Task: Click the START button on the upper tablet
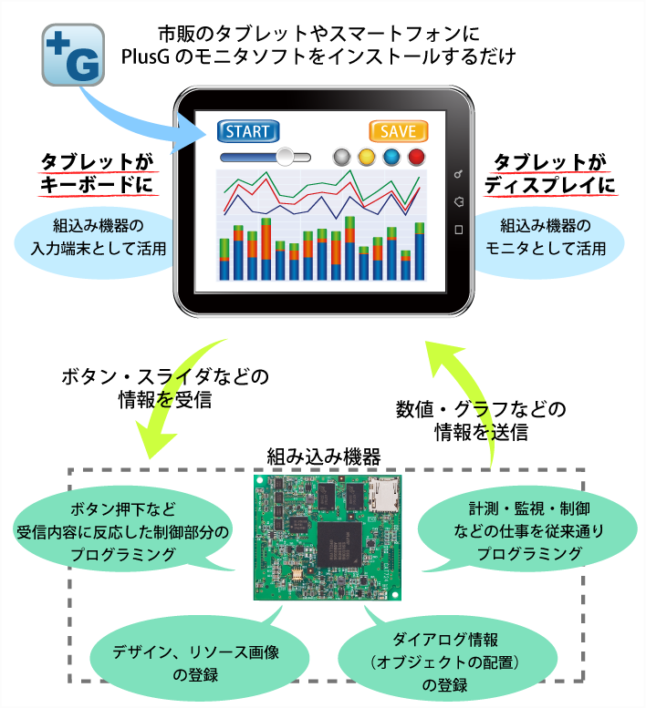[x=247, y=131]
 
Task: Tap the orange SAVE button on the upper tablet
[x=398, y=131]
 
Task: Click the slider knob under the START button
[x=286, y=157]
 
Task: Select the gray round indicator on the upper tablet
[x=343, y=157]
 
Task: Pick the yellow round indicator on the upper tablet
[x=367, y=157]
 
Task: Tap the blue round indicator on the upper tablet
[x=391, y=157]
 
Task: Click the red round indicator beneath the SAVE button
[x=416, y=157]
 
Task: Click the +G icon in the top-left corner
[x=73, y=55]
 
